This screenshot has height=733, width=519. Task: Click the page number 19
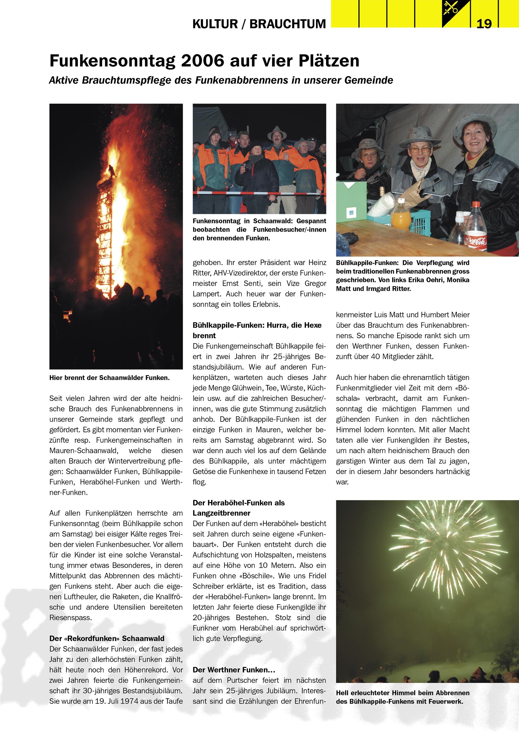pos(484,24)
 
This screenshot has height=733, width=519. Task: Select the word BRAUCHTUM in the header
pos(287,24)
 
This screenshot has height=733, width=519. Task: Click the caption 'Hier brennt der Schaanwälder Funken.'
pos(109,378)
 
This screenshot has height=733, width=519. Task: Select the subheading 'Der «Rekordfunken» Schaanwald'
pos(107,638)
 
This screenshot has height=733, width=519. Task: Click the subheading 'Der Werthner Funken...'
pos(234,670)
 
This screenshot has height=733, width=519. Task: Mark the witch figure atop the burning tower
pos(111,171)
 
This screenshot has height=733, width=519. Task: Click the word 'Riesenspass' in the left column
pos(70,617)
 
